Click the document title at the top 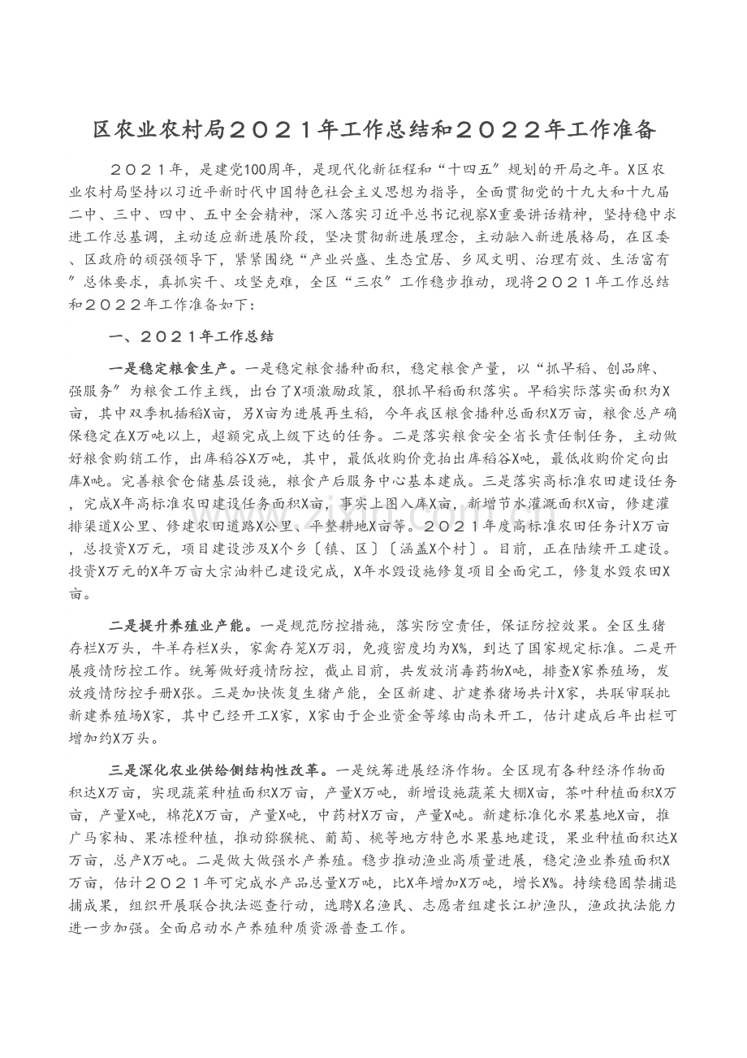tap(373, 130)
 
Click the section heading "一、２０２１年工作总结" tap(192, 335)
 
